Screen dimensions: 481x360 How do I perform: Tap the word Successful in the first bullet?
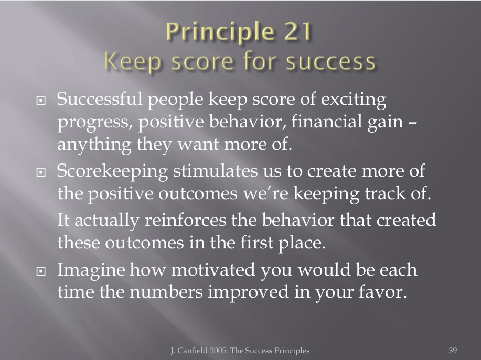99,99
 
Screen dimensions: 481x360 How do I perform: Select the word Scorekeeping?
112,171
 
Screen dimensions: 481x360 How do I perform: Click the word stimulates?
216,171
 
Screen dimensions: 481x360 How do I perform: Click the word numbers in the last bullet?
166,291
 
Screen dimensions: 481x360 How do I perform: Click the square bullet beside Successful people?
41,100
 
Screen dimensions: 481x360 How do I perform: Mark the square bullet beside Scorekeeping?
41,172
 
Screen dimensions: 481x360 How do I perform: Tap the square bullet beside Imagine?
41,271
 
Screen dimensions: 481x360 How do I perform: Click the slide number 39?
453,351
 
